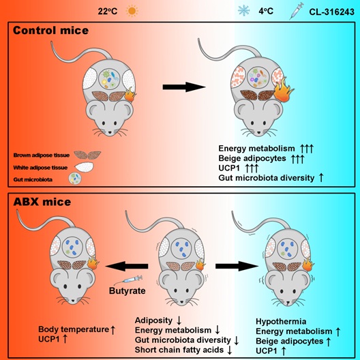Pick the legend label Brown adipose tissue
[x=42, y=155]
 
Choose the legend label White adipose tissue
[x=42, y=167]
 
